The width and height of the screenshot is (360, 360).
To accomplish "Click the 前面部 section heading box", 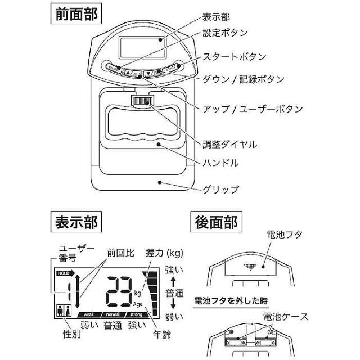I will pyautogui.click(x=74, y=13).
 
